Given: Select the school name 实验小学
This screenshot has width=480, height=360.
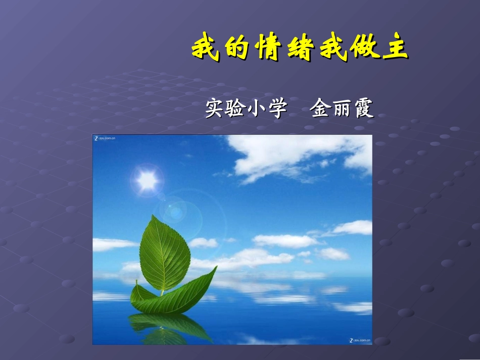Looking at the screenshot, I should (246, 108).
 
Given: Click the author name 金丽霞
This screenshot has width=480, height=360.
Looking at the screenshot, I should (343, 108).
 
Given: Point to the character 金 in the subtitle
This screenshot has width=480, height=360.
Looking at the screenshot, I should (321, 108).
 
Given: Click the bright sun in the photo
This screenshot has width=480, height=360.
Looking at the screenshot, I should (147, 180).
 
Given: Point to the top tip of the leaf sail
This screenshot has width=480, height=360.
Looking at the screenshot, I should (152, 217).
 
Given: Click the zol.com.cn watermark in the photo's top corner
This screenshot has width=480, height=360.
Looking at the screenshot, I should (105, 138).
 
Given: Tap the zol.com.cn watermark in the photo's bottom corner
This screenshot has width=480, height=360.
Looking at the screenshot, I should (359, 341).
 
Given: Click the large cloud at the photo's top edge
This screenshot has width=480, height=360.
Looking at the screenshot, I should (298, 154).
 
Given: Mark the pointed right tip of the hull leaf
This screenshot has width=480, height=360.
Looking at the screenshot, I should (216, 267).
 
